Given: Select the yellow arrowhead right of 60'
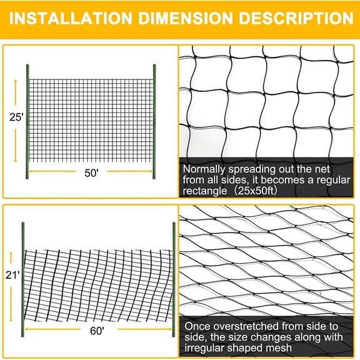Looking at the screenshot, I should coord(169,328).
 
